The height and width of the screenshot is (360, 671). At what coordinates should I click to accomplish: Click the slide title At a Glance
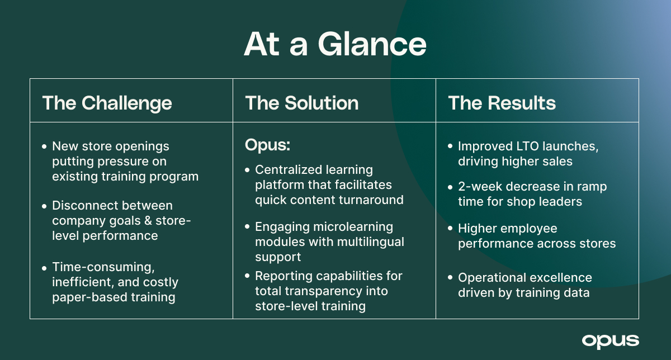[335, 44]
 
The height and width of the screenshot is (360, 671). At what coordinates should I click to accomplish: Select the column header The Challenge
[107, 103]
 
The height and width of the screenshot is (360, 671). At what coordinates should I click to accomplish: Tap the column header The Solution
[302, 103]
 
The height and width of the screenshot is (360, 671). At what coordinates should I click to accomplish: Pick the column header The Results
[502, 103]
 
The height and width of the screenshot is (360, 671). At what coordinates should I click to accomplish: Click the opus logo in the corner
[610, 340]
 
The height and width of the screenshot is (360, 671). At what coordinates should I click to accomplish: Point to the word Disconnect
[82, 206]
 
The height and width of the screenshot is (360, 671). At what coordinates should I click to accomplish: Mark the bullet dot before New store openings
[44, 146]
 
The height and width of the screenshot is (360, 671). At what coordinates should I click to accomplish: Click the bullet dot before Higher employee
[450, 229]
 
